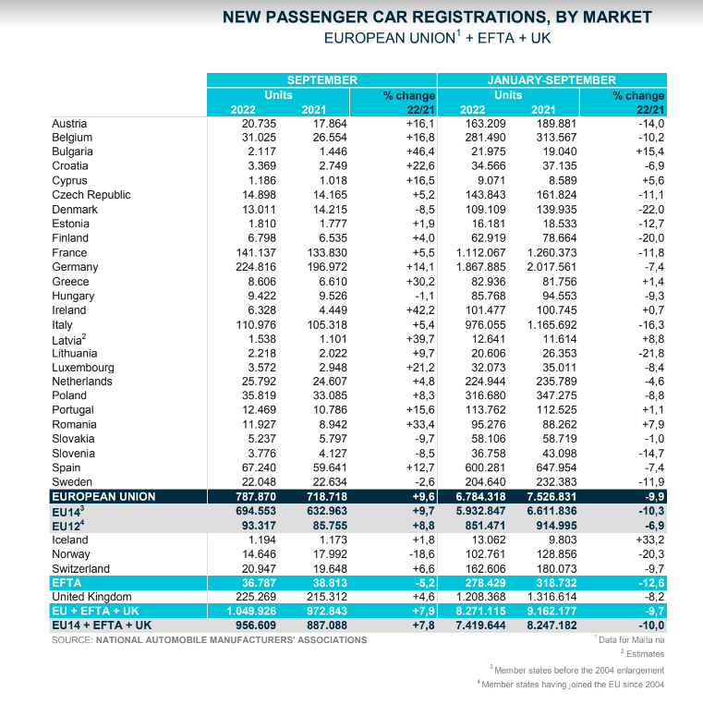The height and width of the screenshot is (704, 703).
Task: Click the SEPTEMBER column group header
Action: [321, 80]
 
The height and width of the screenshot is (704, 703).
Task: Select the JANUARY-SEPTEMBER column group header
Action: [551, 80]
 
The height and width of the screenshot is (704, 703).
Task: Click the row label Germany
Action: [75, 267]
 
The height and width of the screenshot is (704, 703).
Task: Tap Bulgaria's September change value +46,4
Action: [420, 152]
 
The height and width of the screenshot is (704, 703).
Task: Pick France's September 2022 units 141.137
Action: [256, 253]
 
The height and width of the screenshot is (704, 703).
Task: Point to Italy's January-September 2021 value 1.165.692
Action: [551, 324]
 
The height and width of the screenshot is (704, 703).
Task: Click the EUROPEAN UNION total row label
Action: [103, 496]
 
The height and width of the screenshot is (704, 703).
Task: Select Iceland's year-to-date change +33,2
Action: [650, 540]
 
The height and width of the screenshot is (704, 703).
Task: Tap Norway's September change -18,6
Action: [421, 554]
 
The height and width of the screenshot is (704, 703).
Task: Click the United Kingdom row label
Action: [91, 597]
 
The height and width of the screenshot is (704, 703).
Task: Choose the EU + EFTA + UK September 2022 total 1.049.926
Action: [251, 611]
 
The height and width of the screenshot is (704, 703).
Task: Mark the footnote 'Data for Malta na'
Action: [631, 640]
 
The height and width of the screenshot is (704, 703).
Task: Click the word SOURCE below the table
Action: [72, 640]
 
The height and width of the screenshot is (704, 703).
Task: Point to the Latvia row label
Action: [68, 339]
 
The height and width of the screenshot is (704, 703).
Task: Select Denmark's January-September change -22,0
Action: [651, 210]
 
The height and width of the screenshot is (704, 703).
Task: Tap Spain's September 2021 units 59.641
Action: [330, 467]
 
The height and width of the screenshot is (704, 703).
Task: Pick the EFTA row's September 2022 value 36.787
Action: [259, 583]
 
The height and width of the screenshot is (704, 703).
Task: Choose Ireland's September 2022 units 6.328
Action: [261, 310]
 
